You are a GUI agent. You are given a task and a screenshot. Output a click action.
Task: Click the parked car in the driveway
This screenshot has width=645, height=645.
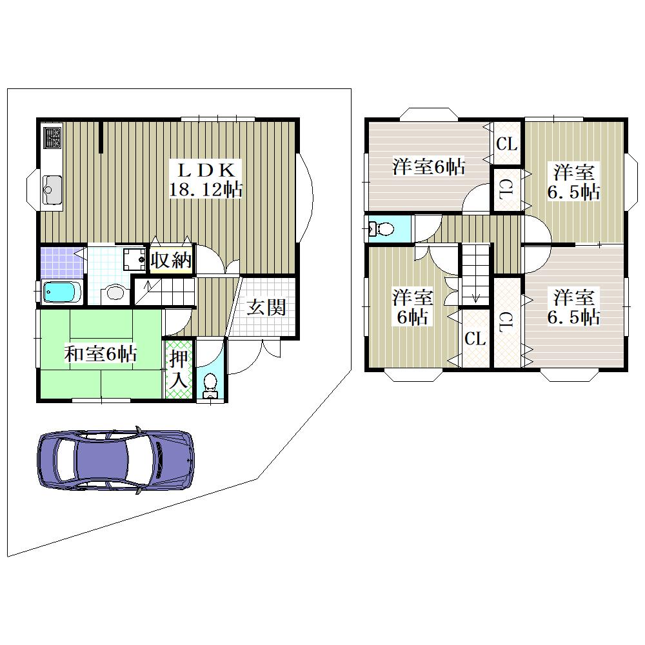coord(115,459)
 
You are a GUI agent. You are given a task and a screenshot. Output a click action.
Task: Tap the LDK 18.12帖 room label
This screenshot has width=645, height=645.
coord(205,180)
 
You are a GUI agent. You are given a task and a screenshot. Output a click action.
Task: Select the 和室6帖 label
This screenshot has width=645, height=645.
coord(101,353)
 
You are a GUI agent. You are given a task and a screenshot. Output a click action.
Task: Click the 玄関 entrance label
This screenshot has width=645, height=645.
coord(266,307)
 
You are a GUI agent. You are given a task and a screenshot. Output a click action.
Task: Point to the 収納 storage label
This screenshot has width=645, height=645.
coord(171,259)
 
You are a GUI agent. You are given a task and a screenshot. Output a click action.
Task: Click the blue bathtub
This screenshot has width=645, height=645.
coord(63,292)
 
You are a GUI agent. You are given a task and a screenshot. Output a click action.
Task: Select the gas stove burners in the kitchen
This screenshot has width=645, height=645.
coord(53,138)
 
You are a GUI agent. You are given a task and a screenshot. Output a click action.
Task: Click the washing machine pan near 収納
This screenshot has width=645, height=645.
coord(135,259)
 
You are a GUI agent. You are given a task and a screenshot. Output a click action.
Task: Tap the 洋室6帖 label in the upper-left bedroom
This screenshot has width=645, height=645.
coord(429,166)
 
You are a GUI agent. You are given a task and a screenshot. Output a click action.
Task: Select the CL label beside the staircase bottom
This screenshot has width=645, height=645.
coord(475,339)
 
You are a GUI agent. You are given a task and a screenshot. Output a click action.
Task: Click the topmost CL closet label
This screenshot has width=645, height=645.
coord(506,144)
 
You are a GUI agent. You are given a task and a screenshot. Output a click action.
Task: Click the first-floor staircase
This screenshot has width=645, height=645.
coord(164,292)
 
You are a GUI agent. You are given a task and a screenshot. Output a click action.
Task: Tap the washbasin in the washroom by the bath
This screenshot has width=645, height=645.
coord(114,292)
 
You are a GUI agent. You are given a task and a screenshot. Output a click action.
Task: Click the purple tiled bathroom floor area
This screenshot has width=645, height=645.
coord(62,262)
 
